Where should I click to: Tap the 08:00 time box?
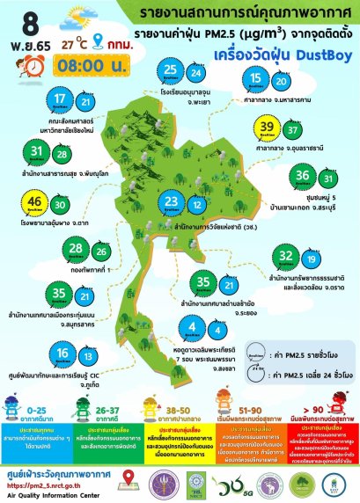coord(82,64)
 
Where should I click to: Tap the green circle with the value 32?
coord(285,259)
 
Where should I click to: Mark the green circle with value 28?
coord(75,252)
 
